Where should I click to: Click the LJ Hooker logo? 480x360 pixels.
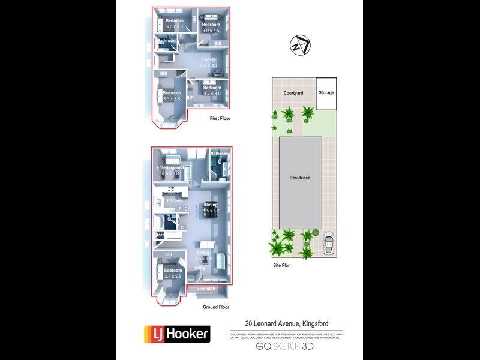click(x=176, y=334)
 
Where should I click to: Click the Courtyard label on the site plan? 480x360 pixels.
click(x=294, y=93)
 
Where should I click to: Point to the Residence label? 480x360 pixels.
click(x=300, y=178)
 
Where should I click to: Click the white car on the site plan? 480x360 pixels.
click(x=329, y=245)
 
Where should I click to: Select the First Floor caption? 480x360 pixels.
click(x=220, y=119)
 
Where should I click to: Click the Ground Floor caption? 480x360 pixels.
click(x=216, y=307)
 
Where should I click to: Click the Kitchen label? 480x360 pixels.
click(x=175, y=200)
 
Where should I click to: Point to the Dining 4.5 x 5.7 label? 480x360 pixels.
click(x=210, y=208)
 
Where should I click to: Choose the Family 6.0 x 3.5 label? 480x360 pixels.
click(x=209, y=62)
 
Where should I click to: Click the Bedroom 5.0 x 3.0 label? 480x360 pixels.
click(x=175, y=24)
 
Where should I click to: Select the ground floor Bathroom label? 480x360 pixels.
click(x=220, y=154)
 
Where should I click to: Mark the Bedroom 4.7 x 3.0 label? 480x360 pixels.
click(x=212, y=91)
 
